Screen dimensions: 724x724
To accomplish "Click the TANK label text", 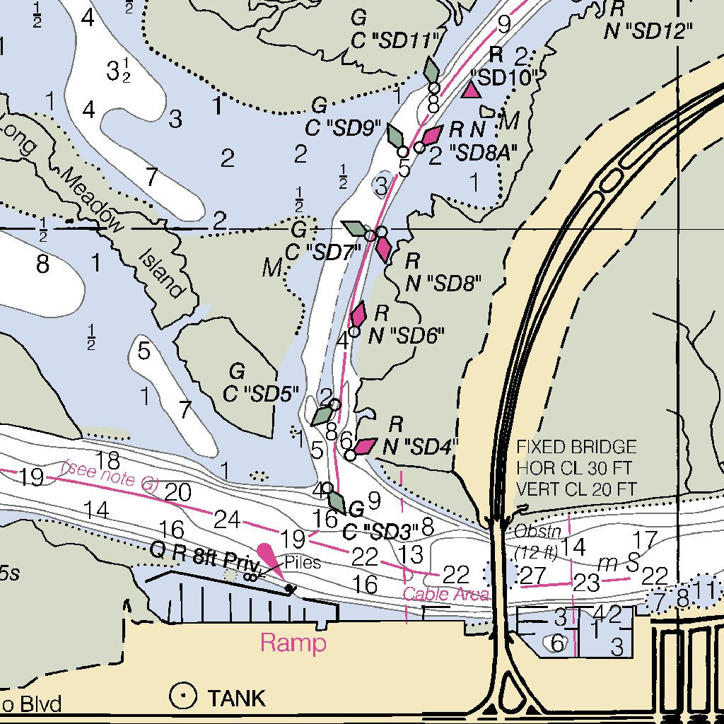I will click(x=236, y=698).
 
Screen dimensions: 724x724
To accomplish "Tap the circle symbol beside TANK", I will click(x=183, y=697).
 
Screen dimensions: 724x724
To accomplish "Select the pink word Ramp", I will click(x=293, y=643).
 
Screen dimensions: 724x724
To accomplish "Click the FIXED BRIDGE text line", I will click(x=576, y=448).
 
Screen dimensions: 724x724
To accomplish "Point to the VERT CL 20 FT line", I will click(x=576, y=489).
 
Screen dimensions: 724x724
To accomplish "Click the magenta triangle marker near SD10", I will click(x=471, y=90).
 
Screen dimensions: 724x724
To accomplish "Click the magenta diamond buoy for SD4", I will click(x=365, y=445).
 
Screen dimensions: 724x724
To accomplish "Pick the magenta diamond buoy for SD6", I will click(x=358, y=313).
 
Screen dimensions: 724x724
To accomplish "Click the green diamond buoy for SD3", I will click(x=337, y=503).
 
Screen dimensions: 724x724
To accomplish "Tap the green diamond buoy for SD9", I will click(x=397, y=135).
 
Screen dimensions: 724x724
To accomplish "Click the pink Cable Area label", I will click(x=445, y=594).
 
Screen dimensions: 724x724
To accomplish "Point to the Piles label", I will click(x=303, y=563).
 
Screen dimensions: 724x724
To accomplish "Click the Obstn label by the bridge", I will click(x=531, y=530).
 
